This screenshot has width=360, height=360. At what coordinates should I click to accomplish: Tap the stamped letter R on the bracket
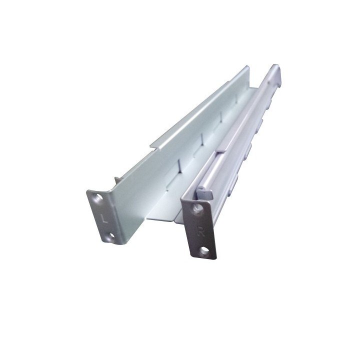pos(201,231)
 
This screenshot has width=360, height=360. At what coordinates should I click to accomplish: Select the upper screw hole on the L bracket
pos(98,198)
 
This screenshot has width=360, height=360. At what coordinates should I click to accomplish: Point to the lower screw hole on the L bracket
pos(111,234)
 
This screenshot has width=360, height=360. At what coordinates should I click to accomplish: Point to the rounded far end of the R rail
pos(274,70)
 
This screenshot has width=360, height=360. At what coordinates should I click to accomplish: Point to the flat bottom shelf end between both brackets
pos(160,217)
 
